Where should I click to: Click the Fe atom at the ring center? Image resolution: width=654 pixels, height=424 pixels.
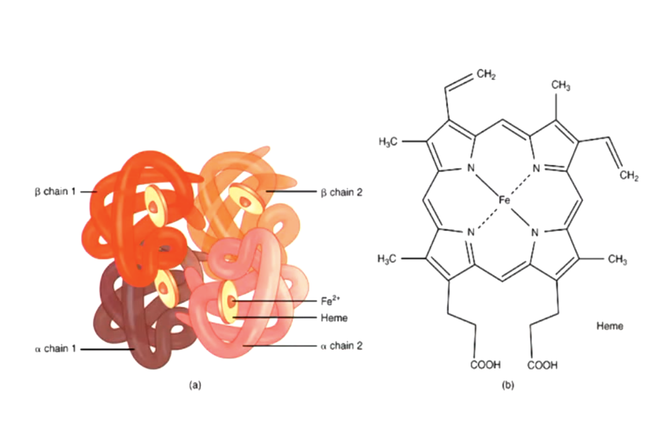coord(504,200)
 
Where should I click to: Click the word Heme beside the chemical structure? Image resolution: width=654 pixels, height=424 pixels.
coord(610,327)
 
